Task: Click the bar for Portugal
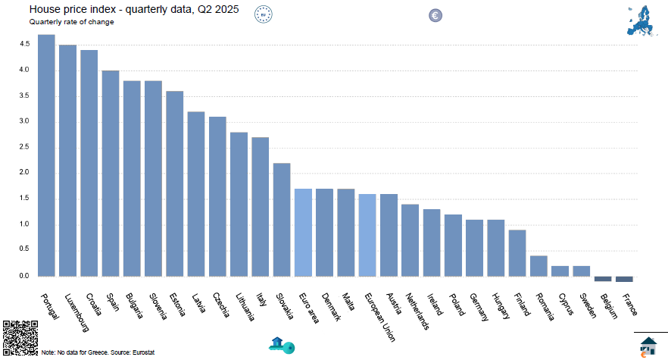pyautogui.click(x=46, y=155)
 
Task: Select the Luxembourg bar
pyautogui.click(x=67, y=160)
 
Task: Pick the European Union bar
pyautogui.click(x=367, y=235)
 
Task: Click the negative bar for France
pyautogui.click(x=624, y=279)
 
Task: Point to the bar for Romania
pyautogui.click(x=538, y=266)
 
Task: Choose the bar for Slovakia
pyautogui.click(x=282, y=220)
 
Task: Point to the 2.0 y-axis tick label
pyautogui.click(x=24, y=173)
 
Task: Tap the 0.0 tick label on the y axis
pyautogui.click(x=24, y=276)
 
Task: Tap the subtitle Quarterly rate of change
pyautogui.click(x=72, y=22)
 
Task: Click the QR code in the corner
pyautogui.click(x=20, y=337)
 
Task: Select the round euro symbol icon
pyautogui.click(x=435, y=15)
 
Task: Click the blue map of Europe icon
pyautogui.click(x=641, y=20)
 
